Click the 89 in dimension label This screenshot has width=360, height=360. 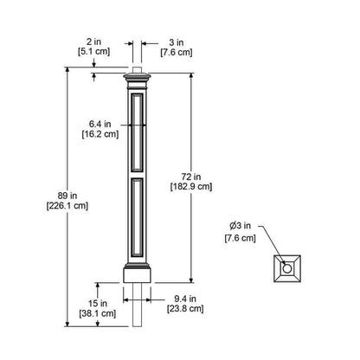point(67,196)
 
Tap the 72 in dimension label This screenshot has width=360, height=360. point(191,177)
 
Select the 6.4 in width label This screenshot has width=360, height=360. point(100,124)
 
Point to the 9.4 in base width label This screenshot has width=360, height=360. point(185,299)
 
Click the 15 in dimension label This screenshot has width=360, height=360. point(98,304)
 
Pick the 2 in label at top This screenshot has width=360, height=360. point(93,42)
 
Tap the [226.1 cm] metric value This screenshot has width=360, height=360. point(67,206)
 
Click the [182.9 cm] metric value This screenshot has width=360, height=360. point(191,187)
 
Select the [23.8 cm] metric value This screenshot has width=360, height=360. point(185,309)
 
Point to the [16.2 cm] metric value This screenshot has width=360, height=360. point(100,134)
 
